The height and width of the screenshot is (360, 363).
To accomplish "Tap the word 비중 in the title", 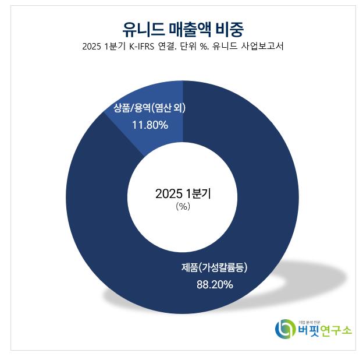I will (229, 27).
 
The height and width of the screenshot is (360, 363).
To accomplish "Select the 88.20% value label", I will (215, 285).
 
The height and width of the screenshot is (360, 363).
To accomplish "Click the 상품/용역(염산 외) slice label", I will (150, 108).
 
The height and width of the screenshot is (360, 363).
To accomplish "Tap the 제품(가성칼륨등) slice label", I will (215, 268).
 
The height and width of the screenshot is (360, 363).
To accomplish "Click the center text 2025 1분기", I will (183, 194).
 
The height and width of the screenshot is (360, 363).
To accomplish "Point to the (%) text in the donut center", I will (183, 207).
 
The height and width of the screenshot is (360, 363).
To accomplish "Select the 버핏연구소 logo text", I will (325, 331).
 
